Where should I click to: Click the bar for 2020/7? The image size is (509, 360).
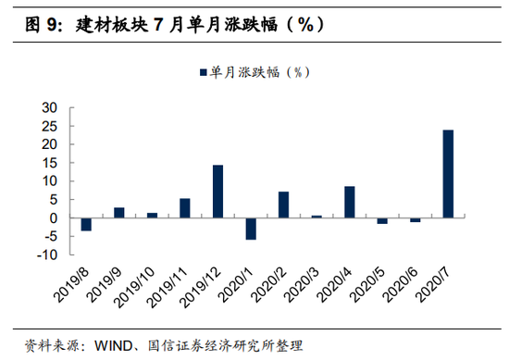pyautogui.click(x=448, y=174)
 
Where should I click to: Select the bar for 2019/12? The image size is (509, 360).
pyautogui.click(x=217, y=192)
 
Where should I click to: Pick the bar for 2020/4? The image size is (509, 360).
pyautogui.click(x=349, y=202)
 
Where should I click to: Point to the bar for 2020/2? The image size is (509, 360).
pyautogui.click(x=283, y=205)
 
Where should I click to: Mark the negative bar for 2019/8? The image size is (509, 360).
pyautogui.click(x=86, y=224)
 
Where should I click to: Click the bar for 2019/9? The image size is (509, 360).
pyautogui.click(x=119, y=213)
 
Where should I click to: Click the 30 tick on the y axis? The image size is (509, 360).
pyautogui.click(x=49, y=108)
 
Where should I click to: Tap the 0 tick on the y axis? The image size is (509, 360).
pyautogui.click(x=54, y=218)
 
